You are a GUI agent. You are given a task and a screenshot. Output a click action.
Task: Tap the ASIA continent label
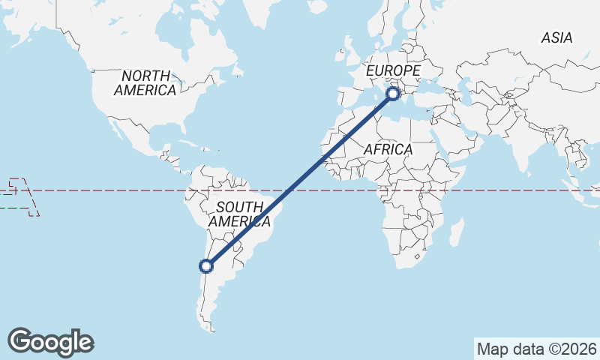click(556, 37)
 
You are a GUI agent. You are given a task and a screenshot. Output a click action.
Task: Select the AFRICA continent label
click(388, 149)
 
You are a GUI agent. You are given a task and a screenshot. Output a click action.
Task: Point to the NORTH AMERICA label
click(145, 82)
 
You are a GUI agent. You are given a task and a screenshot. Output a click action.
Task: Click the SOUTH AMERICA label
click(239, 214)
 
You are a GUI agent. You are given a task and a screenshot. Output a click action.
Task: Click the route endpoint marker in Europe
click(393, 94)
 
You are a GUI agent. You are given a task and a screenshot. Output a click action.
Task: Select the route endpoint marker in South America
click(206, 265)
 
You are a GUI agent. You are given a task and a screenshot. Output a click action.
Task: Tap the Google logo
click(50, 342)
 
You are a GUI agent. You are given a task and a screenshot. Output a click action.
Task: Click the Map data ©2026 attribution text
click(537, 349)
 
